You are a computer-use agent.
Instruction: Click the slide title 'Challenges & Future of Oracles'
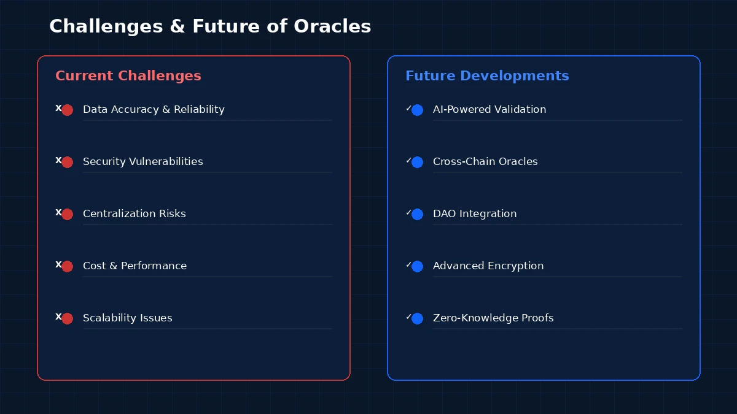coord(210,26)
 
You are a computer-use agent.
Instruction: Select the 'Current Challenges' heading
coord(128,75)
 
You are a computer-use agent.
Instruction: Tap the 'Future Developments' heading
coord(487,75)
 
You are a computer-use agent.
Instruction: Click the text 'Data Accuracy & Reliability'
coord(154,109)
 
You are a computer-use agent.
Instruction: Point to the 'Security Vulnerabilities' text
coord(142,161)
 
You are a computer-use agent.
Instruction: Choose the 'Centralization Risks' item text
coord(134,213)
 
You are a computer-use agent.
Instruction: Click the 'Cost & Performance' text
coord(135,266)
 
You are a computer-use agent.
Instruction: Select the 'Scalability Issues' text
coord(127,318)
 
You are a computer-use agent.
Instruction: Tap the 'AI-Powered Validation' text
coord(489,109)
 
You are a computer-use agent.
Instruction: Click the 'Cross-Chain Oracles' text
coord(485,161)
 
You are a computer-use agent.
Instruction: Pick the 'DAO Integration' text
coord(474,213)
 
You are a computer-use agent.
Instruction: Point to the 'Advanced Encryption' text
coord(488,266)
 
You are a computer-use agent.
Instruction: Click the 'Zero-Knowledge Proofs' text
coord(493,318)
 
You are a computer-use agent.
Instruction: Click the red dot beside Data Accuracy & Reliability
coord(68,110)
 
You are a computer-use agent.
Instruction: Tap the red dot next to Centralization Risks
coord(68,214)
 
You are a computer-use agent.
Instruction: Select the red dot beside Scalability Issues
coord(68,318)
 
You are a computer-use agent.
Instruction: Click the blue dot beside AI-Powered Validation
coord(418,110)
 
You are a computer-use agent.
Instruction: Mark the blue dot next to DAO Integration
coord(418,214)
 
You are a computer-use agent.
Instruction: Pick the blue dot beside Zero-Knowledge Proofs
coord(418,318)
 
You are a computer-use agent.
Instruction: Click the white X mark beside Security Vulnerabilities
coord(58,160)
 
